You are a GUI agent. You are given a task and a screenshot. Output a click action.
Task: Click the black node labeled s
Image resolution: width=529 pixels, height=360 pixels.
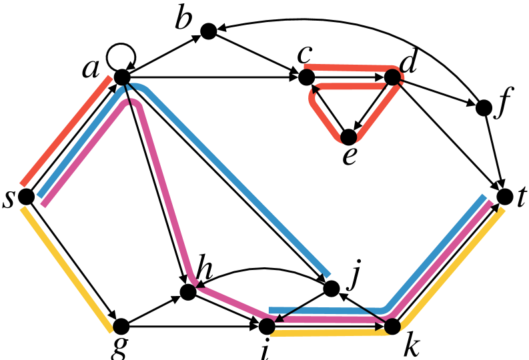tap(26, 196)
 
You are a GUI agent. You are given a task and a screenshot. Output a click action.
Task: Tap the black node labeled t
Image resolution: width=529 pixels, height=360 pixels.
tap(505, 197)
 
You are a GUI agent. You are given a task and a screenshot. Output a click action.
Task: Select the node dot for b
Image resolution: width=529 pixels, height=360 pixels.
tap(209, 31)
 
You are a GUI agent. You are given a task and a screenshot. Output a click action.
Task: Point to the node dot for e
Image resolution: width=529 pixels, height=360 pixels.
tap(348, 137)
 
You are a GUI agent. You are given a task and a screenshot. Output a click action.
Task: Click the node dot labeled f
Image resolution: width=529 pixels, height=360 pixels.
tap(484, 108)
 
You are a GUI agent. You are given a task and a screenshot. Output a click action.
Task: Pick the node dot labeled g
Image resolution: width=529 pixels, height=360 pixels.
tap(121, 326)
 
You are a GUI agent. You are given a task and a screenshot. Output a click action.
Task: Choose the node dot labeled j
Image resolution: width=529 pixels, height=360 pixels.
tap(332, 289)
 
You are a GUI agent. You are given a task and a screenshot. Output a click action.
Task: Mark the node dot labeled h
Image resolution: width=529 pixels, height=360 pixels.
tap(188, 291)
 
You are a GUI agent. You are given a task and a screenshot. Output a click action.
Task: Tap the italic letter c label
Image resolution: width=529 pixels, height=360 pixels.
tap(304, 55)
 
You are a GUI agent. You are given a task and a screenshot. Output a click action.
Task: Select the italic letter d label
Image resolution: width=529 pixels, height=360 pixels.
tap(408, 62)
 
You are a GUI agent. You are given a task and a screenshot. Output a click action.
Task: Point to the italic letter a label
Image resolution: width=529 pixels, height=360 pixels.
tap(91, 70)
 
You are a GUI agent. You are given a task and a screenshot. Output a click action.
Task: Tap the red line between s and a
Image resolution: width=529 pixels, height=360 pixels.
tap(66, 131)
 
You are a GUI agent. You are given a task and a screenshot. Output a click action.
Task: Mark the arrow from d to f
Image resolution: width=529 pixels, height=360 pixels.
tap(438, 92)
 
